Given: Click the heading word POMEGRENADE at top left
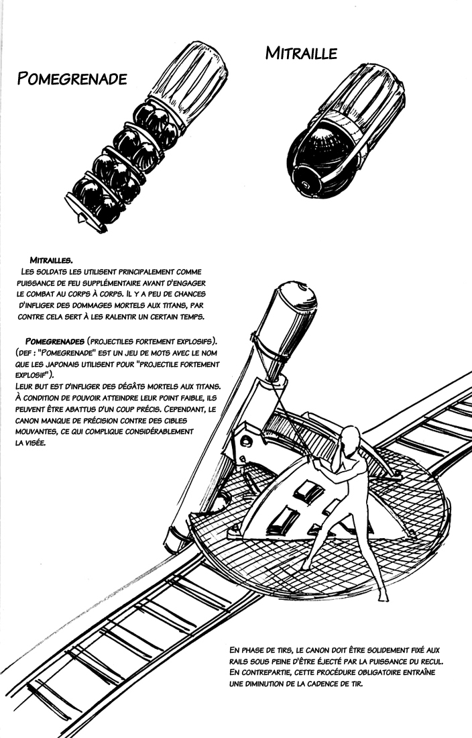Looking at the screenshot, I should pos(74,78).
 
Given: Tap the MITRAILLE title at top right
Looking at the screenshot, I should pos(301,54).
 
